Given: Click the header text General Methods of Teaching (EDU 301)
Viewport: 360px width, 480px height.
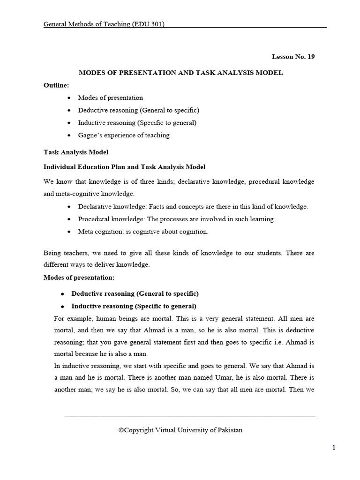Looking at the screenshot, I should pos(104,24).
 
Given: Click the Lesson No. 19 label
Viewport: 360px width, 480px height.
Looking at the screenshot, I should pos(293,57).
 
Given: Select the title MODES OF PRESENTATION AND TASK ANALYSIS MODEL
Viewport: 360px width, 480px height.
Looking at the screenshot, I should pos(180,73).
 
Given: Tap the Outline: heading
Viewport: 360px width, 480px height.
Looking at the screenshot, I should pos(56,85).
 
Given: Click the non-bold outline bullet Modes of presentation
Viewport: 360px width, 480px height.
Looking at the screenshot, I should pos(110,98).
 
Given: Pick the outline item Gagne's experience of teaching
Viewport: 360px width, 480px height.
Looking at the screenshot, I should pos(124,135).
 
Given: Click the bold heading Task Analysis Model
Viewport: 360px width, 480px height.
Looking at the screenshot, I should pos(76,152).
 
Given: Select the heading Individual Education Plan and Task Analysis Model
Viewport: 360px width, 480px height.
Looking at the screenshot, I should pos(124,167).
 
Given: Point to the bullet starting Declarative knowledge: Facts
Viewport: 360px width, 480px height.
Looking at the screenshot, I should pos(193,206).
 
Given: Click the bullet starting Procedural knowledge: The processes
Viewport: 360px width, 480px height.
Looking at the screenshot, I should pos(176,219).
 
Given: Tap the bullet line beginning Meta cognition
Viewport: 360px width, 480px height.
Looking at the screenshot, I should pos(143,231).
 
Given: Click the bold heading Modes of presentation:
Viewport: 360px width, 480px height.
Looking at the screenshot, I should pos(79,277).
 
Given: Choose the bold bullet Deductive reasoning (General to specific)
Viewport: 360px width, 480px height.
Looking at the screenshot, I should pos(135,293).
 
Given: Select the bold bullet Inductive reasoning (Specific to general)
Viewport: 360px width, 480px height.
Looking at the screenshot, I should pos(134,306).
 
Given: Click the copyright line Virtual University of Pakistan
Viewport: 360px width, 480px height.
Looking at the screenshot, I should pos(180,430).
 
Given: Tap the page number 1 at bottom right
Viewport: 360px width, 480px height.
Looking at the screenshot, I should pos(334,448).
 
